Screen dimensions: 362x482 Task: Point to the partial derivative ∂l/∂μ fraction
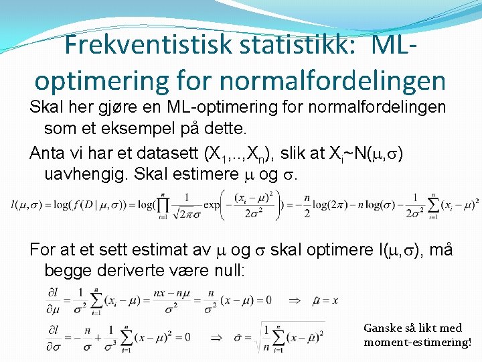(x=56, y=300)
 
